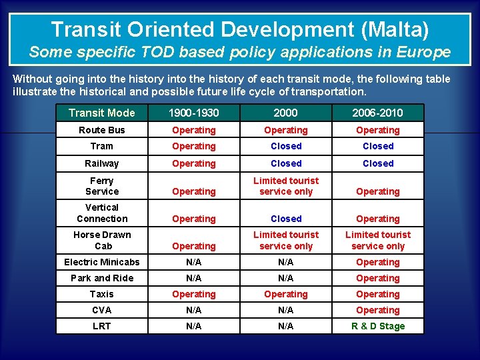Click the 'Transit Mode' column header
tap(101, 113)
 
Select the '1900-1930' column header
tap(193, 113)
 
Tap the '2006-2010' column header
tap(377, 113)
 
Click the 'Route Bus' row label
tap(101, 130)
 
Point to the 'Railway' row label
tap(101, 163)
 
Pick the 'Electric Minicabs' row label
tap(101, 262)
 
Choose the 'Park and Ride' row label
tap(101, 278)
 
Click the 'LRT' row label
tap(101, 326)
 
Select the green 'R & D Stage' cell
tap(377, 326)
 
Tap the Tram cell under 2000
tap(286, 146)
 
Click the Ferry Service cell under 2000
tap(286, 186)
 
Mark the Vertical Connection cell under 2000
tap(286, 219)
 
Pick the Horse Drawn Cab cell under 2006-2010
tap(377, 240)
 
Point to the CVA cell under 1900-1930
tap(193, 310)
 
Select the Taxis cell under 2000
tap(286, 294)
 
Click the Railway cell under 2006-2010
tap(377, 163)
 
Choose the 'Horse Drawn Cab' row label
tap(101, 240)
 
